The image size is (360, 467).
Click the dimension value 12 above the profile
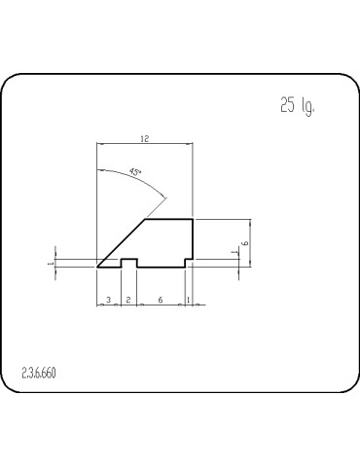(146, 138)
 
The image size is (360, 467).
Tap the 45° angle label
(134, 171)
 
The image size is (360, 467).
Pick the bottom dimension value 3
(108, 300)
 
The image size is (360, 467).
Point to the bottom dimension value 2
(127, 300)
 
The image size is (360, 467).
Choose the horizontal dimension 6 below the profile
(160, 300)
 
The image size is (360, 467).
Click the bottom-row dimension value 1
(188, 300)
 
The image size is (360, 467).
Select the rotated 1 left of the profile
(50, 262)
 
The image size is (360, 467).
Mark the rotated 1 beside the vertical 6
(233, 254)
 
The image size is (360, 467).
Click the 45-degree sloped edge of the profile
(123, 242)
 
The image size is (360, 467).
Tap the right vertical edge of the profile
(193, 238)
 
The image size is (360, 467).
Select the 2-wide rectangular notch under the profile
(127, 263)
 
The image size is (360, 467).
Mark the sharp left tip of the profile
(98, 265)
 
